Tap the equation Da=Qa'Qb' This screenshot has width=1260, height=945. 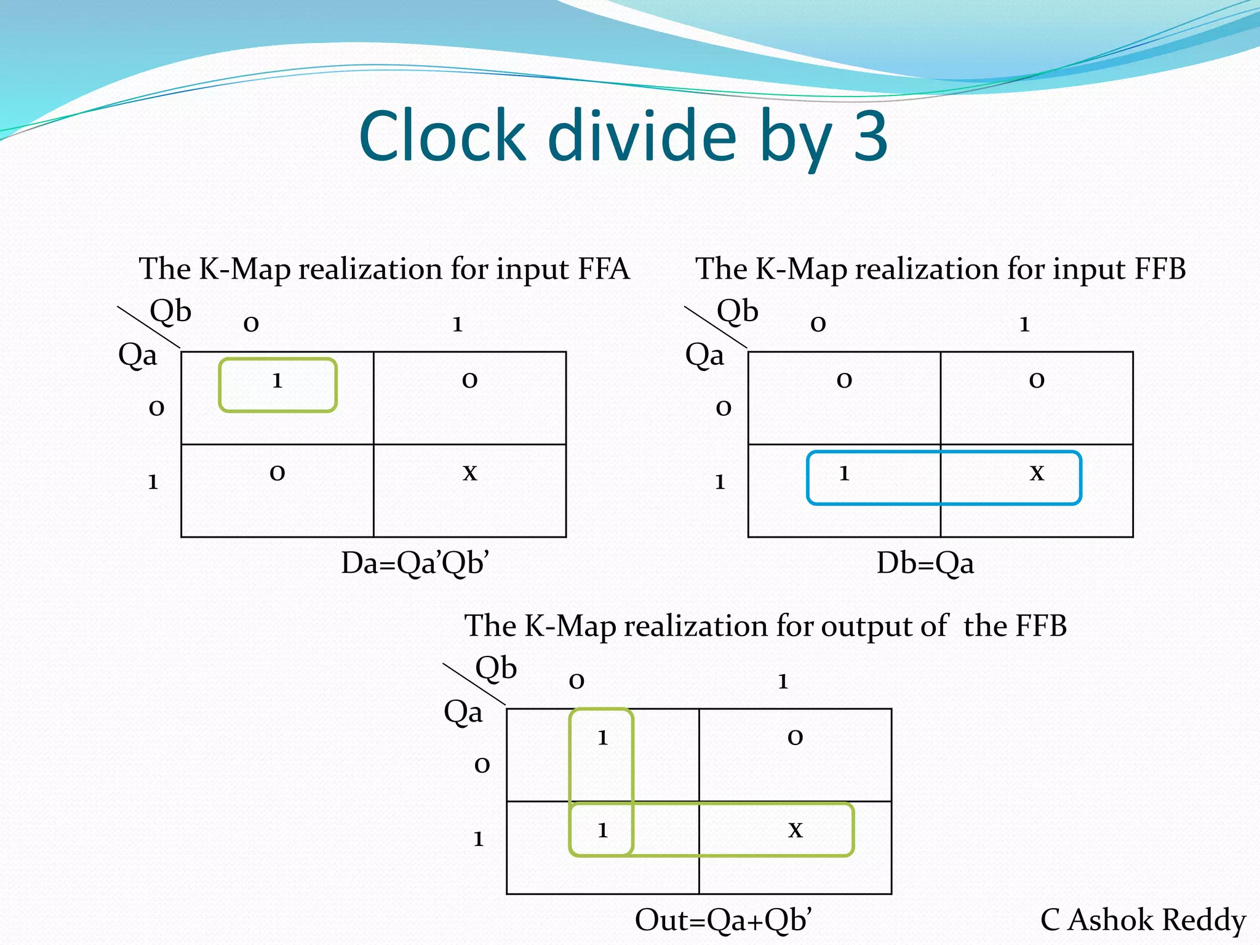pyautogui.click(x=415, y=563)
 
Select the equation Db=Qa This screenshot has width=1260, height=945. pyautogui.click(x=925, y=563)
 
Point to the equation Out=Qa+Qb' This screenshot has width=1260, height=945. pyautogui.click(x=724, y=920)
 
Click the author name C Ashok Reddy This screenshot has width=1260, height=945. pyautogui.click(x=1143, y=920)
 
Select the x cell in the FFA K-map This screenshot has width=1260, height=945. pyautogui.click(x=470, y=472)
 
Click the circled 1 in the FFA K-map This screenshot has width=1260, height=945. pyautogui.click(x=277, y=381)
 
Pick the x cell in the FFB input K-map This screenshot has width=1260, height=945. pyautogui.click(x=1037, y=472)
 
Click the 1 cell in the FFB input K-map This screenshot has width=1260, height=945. pyautogui.click(x=844, y=473)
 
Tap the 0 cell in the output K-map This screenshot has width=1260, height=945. pyautogui.click(x=795, y=738)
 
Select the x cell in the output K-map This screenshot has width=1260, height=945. pyautogui.click(x=795, y=830)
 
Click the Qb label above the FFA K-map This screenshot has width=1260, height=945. pyautogui.click(x=170, y=311)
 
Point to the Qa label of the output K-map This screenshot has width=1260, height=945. pyautogui.click(x=463, y=712)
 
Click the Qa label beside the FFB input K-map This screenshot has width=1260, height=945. pyautogui.click(x=704, y=355)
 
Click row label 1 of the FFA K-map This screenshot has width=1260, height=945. pyautogui.click(x=153, y=482)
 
